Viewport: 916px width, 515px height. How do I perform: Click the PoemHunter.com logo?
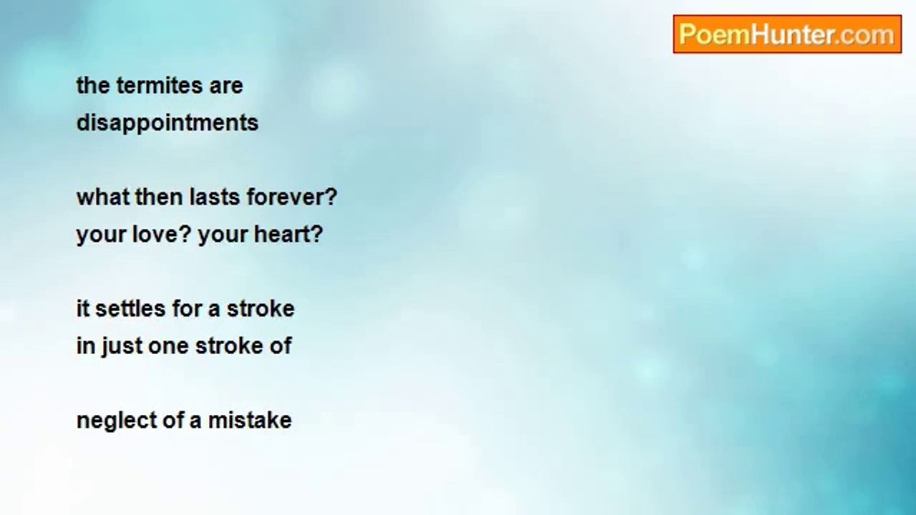(787, 34)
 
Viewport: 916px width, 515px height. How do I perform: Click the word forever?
(287, 197)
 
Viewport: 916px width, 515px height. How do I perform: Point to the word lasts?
(215, 197)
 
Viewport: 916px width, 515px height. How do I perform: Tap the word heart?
(282, 234)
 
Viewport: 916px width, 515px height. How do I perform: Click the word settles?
(130, 308)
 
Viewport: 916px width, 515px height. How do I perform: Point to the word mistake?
(250, 420)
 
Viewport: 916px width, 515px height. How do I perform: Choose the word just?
(122, 347)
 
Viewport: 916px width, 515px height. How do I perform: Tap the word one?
(168, 347)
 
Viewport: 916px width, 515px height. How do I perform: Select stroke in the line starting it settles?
(260, 308)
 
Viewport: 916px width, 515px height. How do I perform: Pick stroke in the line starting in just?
(229, 345)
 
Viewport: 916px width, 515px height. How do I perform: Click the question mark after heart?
(317, 234)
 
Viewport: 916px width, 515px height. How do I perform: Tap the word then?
(159, 197)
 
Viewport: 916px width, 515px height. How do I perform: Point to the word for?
(187, 308)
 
